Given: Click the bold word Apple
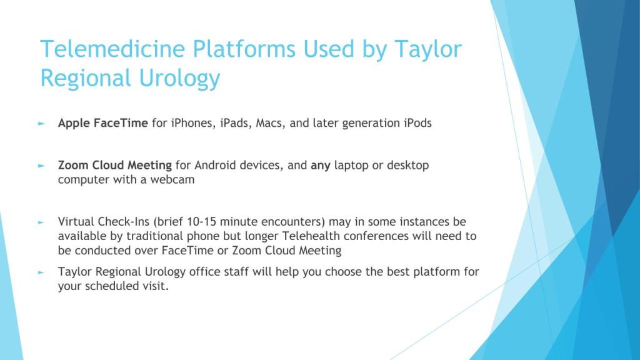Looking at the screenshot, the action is pyautogui.click(x=74, y=124).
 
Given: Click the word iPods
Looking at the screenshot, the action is pyautogui.click(x=417, y=123).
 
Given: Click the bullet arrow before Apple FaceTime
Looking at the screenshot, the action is pyautogui.click(x=41, y=123).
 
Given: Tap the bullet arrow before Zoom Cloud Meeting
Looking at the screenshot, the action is pyautogui.click(x=41, y=166).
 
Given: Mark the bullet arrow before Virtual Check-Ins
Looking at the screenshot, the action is pyautogui.click(x=41, y=222).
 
